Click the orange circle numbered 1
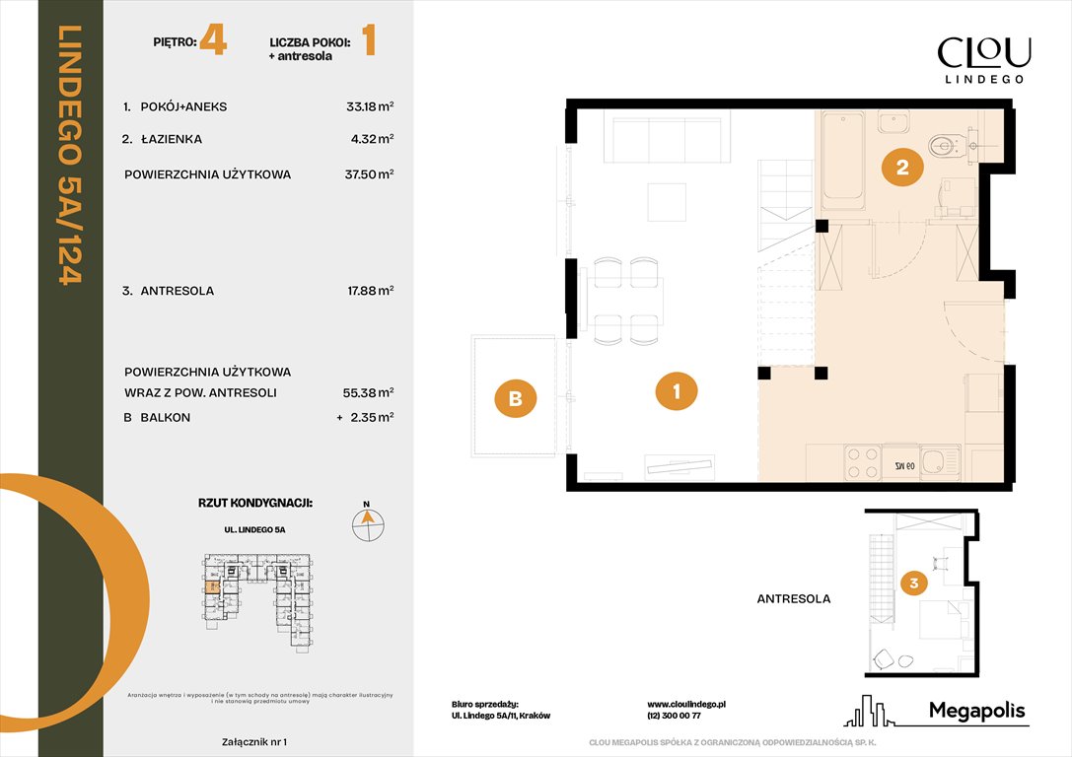pyautogui.click(x=677, y=391)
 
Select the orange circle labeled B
pyautogui.click(x=516, y=399)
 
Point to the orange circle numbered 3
pyautogui.click(x=914, y=584)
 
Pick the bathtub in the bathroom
pyautogui.click(x=843, y=159)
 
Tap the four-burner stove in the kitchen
pyautogui.click(x=863, y=462)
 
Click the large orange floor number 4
pyautogui.click(x=213, y=42)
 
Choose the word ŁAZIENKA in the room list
pyautogui.click(x=171, y=140)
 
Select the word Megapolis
pyautogui.click(x=977, y=711)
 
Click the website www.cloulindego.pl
pyautogui.click(x=687, y=705)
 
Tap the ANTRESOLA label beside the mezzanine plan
pyautogui.click(x=793, y=598)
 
